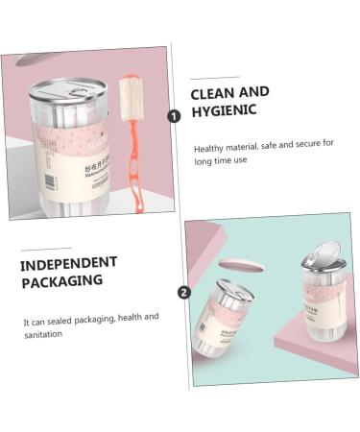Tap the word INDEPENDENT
[68, 262]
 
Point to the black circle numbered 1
[174, 115]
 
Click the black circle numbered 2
[183, 293]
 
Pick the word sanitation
[45, 334]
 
